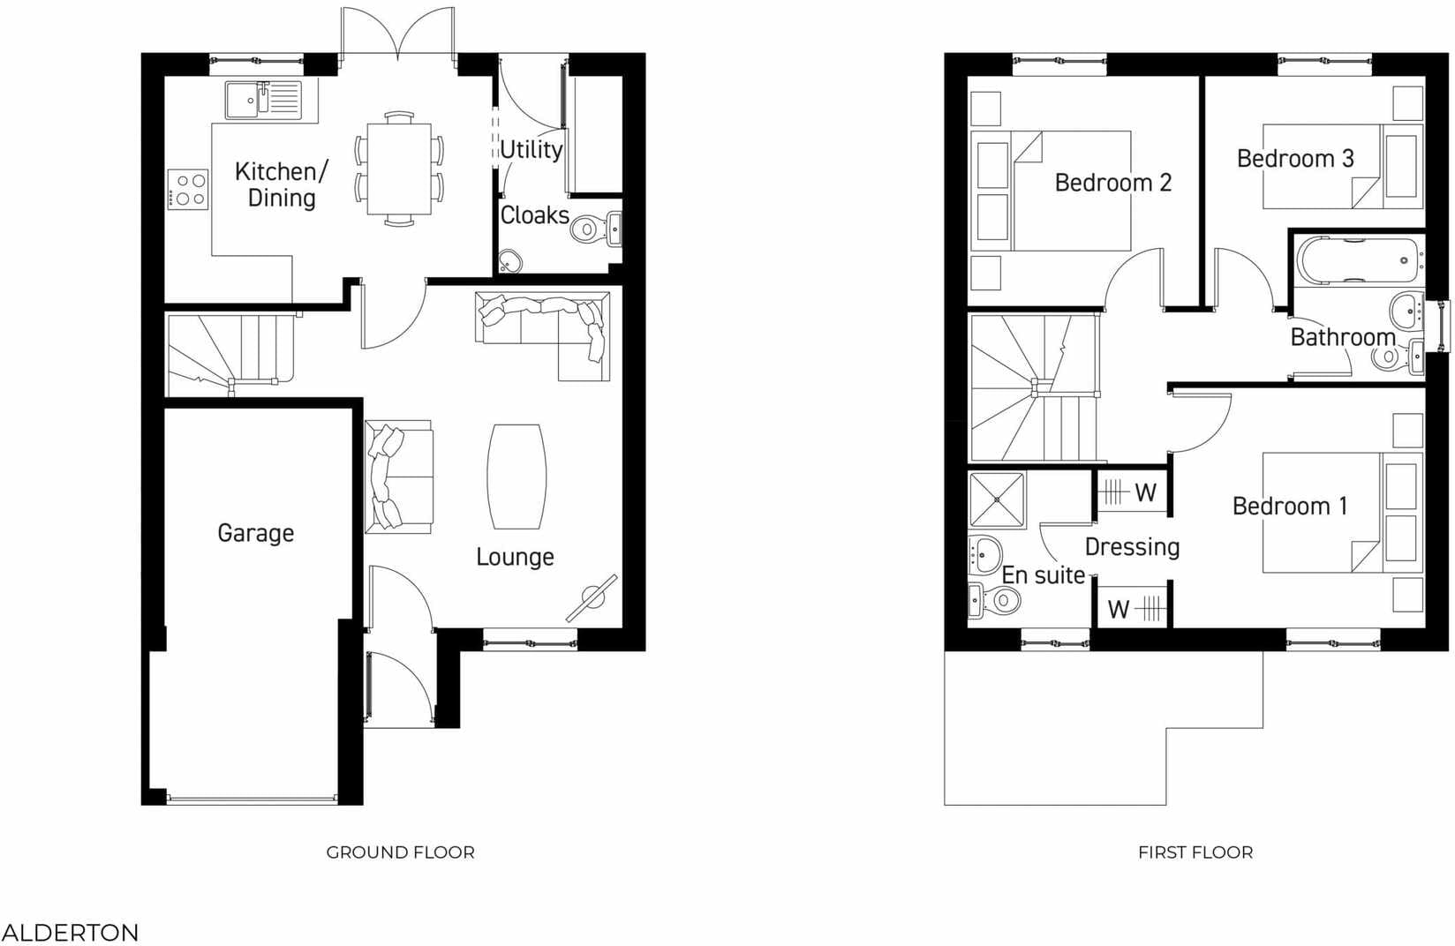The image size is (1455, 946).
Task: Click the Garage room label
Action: point(255,533)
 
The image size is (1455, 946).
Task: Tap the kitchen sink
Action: point(263,100)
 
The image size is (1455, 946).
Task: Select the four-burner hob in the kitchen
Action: point(188,189)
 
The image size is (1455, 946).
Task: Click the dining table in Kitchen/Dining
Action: point(399,168)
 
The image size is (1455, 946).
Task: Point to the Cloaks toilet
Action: point(589,229)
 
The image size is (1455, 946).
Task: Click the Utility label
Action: point(531,149)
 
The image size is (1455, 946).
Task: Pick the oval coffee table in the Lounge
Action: point(516,477)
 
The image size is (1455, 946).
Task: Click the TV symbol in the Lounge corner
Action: point(592,597)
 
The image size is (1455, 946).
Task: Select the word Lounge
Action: point(515,557)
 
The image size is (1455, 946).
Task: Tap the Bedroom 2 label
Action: point(1112,183)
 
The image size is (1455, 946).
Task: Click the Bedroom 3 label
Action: point(1294,159)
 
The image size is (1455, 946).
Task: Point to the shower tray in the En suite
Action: point(997,500)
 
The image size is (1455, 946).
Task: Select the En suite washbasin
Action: point(984,553)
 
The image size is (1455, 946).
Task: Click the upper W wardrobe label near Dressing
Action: point(1145,492)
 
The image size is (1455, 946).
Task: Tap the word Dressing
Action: point(1132,547)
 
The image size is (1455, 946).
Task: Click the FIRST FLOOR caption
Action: point(1195,852)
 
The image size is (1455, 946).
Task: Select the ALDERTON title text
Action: point(70,933)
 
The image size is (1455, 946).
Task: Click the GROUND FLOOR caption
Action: point(400,852)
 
